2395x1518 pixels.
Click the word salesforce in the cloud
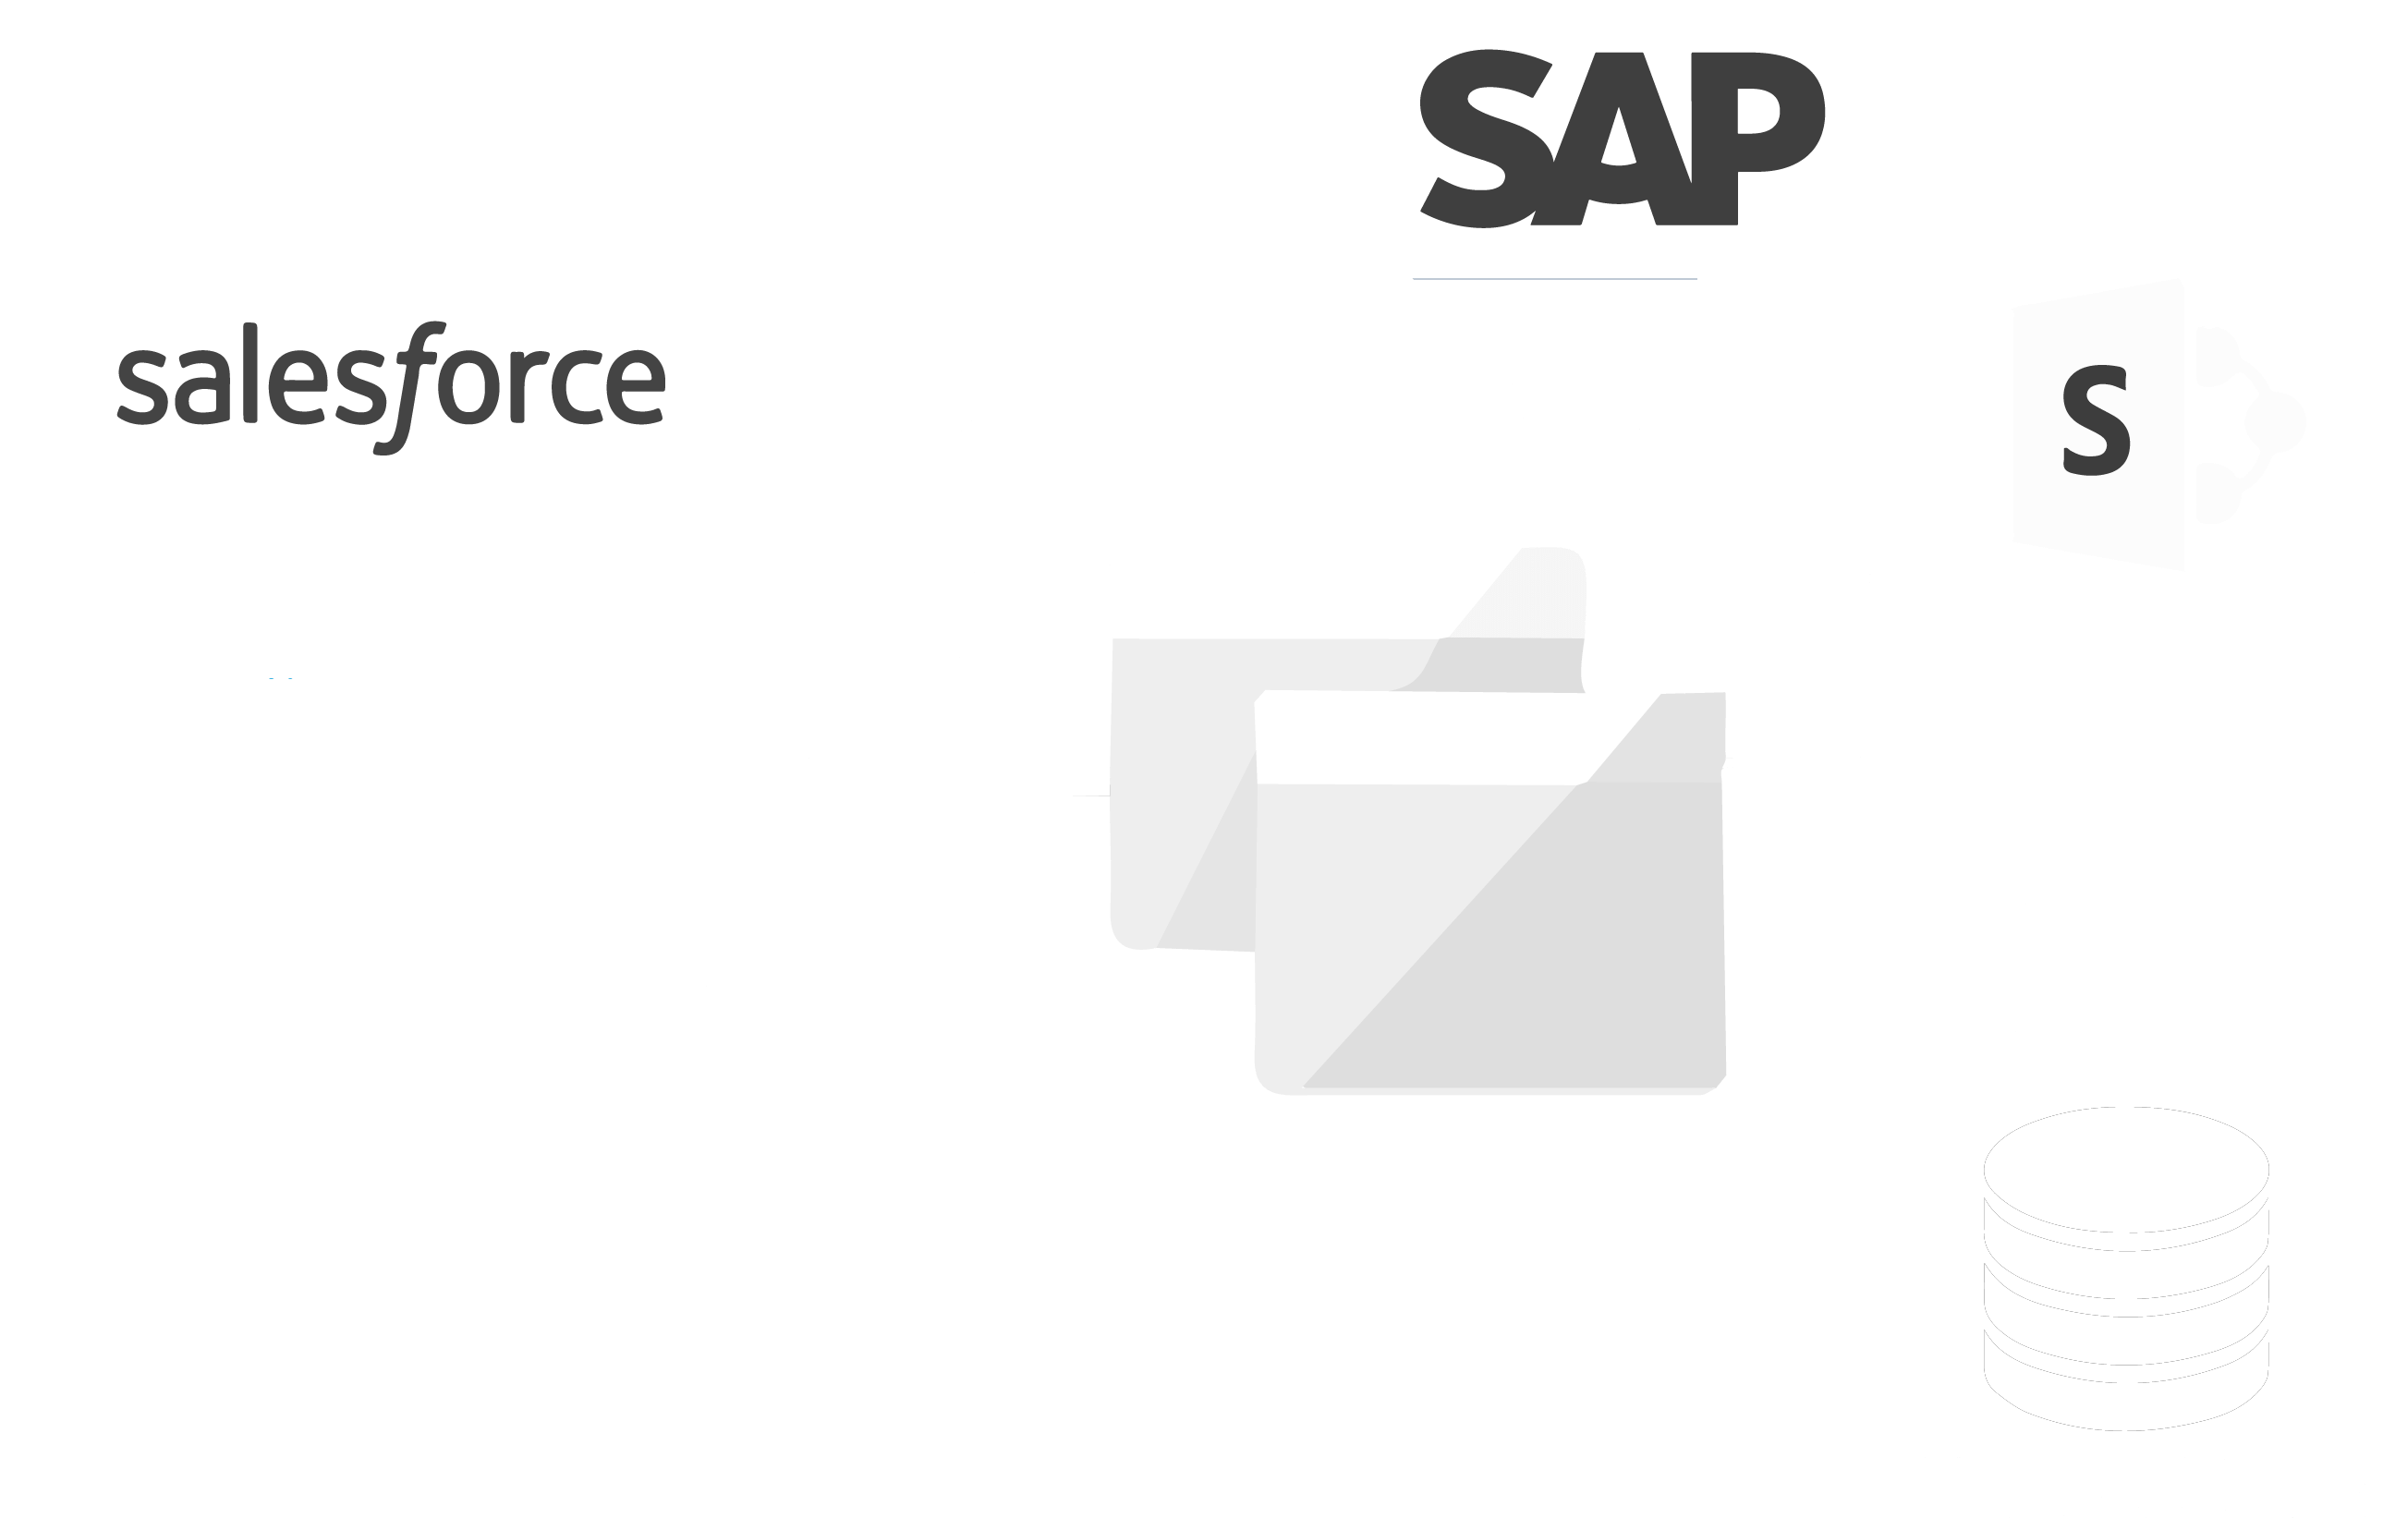coord(391,383)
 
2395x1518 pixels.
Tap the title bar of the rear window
coord(1293,592)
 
